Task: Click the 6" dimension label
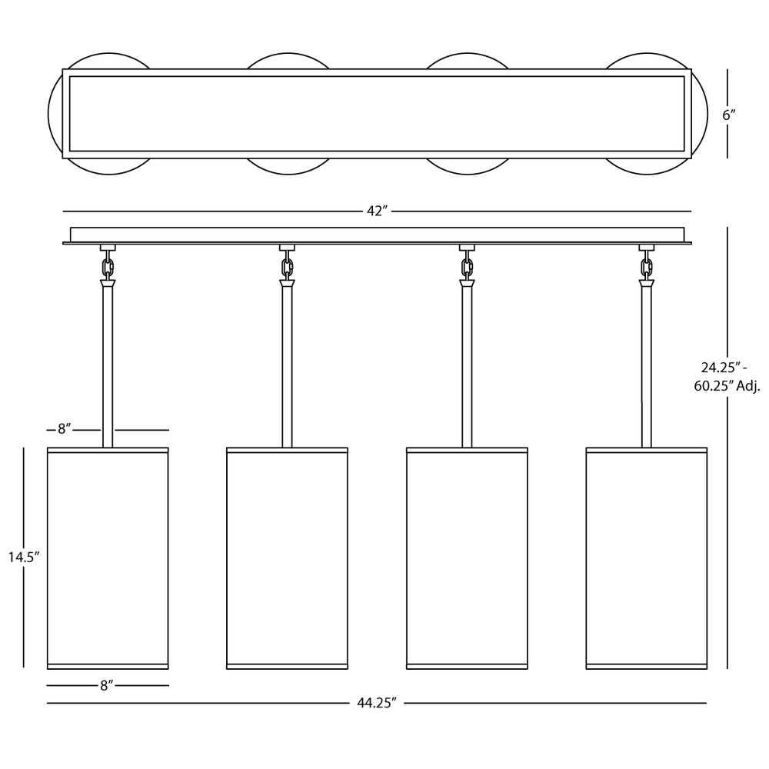coord(729,115)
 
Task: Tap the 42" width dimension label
coord(377,211)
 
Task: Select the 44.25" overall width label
coord(376,703)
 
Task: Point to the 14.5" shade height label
coord(23,557)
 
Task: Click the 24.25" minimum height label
coord(724,368)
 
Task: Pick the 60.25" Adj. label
coord(727,386)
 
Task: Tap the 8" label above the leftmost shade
coord(65,429)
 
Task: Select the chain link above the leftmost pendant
coord(108,268)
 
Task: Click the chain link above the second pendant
coord(288,268)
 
